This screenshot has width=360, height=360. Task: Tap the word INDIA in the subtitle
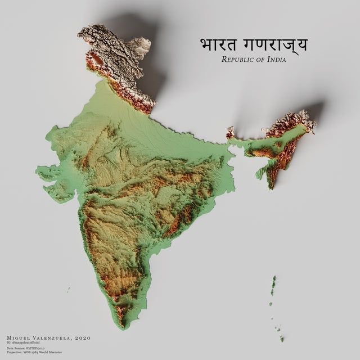pyautogui.click(x=274, y=60)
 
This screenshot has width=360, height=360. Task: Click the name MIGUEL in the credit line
pyautogui.click(x=19, y=337)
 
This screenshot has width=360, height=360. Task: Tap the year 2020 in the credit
pyautogui.click(x=82, y=337)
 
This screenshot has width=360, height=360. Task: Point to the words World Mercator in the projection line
pyautogui.click(x=52, y=352)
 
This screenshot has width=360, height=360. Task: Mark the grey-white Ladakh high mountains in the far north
pyautogui.click(x=115, y=48)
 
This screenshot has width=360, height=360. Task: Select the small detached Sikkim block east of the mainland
pyautogui.click(x=230, y=133)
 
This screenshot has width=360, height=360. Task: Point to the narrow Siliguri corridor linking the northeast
pyautogui.click(x=232, y=145)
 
